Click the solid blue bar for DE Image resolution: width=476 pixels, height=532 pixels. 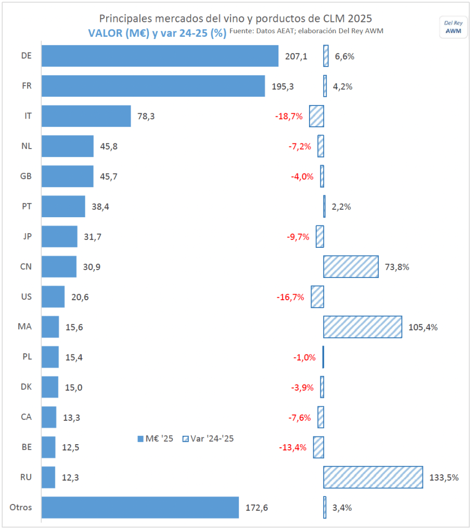[x=160, y=56]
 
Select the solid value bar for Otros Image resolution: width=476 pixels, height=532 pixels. [x=140, y=508]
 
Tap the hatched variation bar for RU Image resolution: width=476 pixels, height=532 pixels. [x=372, y=477]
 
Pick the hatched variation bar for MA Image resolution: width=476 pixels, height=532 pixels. [x=363, y=327]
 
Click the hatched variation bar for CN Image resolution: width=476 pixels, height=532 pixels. [x=351, y=267]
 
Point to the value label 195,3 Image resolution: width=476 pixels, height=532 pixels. [x=283, y=86]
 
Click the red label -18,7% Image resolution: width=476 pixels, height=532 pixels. [x=289, y=116]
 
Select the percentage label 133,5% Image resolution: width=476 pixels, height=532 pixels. [x=444, y=477]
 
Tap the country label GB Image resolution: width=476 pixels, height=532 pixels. [x=26, y=176]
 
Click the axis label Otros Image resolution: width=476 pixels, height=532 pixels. [x=21, y=508]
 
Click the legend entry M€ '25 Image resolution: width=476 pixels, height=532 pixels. [x=155, y=438]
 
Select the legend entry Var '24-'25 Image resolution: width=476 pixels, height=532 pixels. [x=208, y=438]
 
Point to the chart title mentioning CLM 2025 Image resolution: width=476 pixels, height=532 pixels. [x=235, y=18]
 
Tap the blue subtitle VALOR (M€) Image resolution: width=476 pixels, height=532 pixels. [x=157, y=33]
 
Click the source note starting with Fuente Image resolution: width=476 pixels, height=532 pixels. [x=306, y=32]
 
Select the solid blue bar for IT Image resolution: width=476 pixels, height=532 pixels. [x=86, y=116]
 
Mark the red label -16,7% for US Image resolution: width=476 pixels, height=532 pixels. [x=290, y=297]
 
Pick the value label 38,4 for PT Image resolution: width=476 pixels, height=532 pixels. [x=100, y=207]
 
